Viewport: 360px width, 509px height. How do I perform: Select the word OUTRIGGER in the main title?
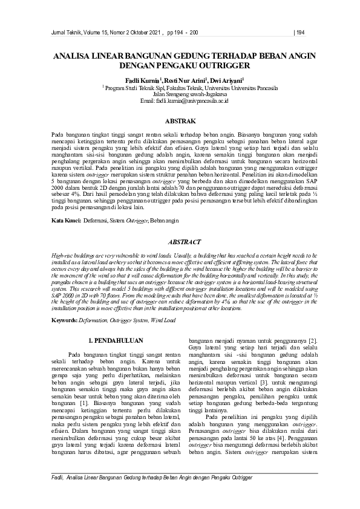tap(226, 65)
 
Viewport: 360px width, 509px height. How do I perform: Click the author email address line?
tap(180, 100)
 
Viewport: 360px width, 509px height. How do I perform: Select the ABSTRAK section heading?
tap(180, 121)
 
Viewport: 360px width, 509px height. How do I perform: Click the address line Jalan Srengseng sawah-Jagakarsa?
tap(180, 94)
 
